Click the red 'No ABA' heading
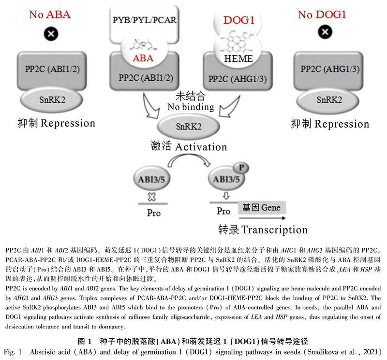point(50,14)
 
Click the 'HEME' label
point(238,58)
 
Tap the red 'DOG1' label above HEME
point(239,20)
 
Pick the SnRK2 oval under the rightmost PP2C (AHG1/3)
point(329,100)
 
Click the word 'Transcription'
point(275,229)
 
